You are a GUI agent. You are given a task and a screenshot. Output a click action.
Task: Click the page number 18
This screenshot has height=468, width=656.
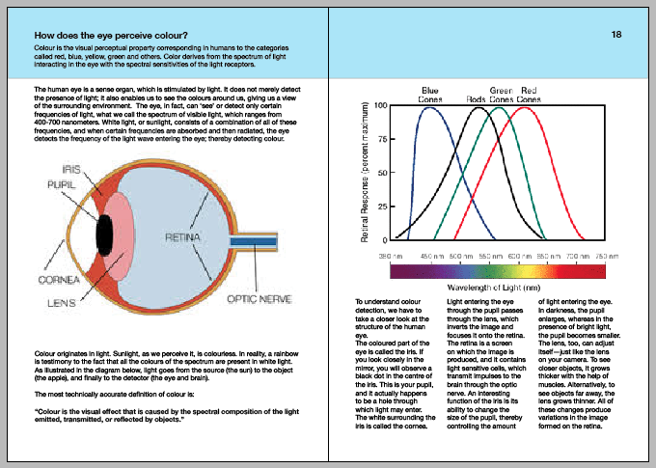coord(615,35)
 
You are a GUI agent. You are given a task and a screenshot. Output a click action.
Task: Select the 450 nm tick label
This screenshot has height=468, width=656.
coord(430,254)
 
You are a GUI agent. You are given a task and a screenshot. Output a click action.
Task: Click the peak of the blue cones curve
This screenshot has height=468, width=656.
coord(431,106)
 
